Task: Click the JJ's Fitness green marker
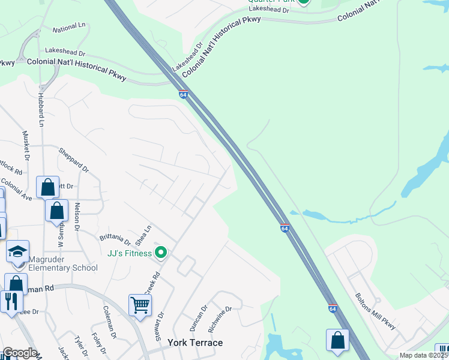coord(160,253)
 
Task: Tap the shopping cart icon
coord(140,304)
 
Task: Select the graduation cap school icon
coord(17,251)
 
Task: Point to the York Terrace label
coord(195,343)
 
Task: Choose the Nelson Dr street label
coord(77,217)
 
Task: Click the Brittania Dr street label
coord(115,238)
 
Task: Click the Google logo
coord(20,353)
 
